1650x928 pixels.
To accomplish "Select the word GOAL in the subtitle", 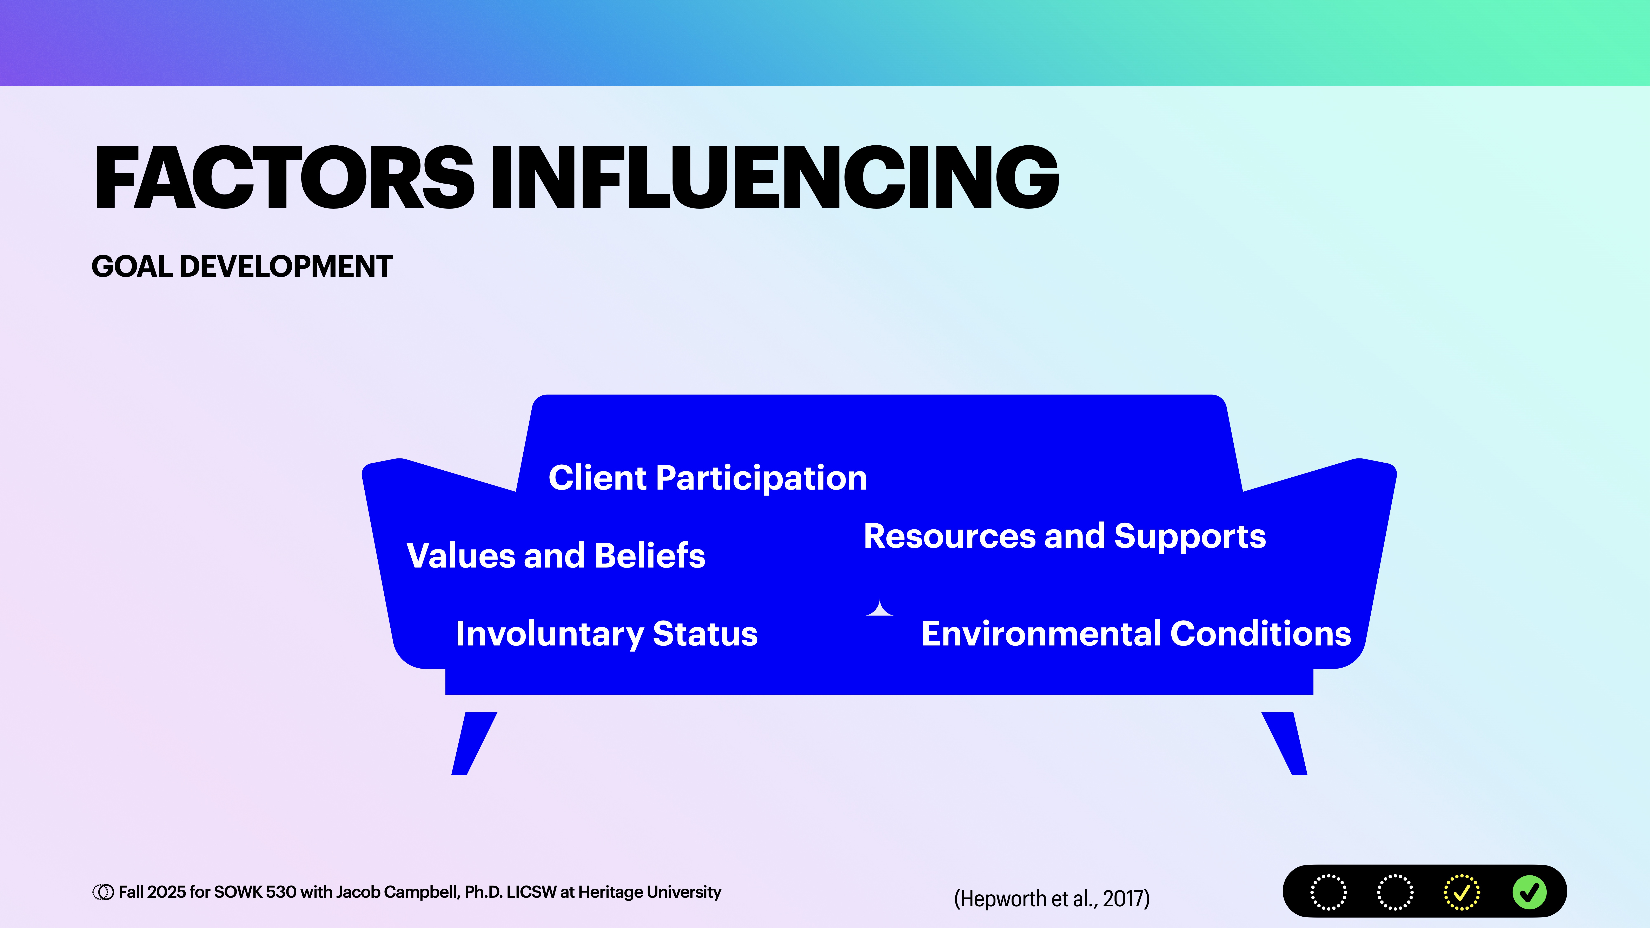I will point(131,266).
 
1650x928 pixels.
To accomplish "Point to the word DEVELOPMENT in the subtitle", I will point(286,266).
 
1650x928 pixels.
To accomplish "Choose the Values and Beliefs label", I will point(555,555).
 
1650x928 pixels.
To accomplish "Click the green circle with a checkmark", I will point(1529,892).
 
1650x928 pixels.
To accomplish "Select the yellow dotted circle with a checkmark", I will point(1461,892).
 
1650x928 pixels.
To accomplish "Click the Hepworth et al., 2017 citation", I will point(1051,899).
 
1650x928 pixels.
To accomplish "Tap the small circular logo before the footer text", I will point(102,892).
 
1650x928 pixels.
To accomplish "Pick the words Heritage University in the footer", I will point(649,892).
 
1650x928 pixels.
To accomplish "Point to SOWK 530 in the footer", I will point(255,892).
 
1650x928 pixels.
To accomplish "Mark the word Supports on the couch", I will point(1190,536).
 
